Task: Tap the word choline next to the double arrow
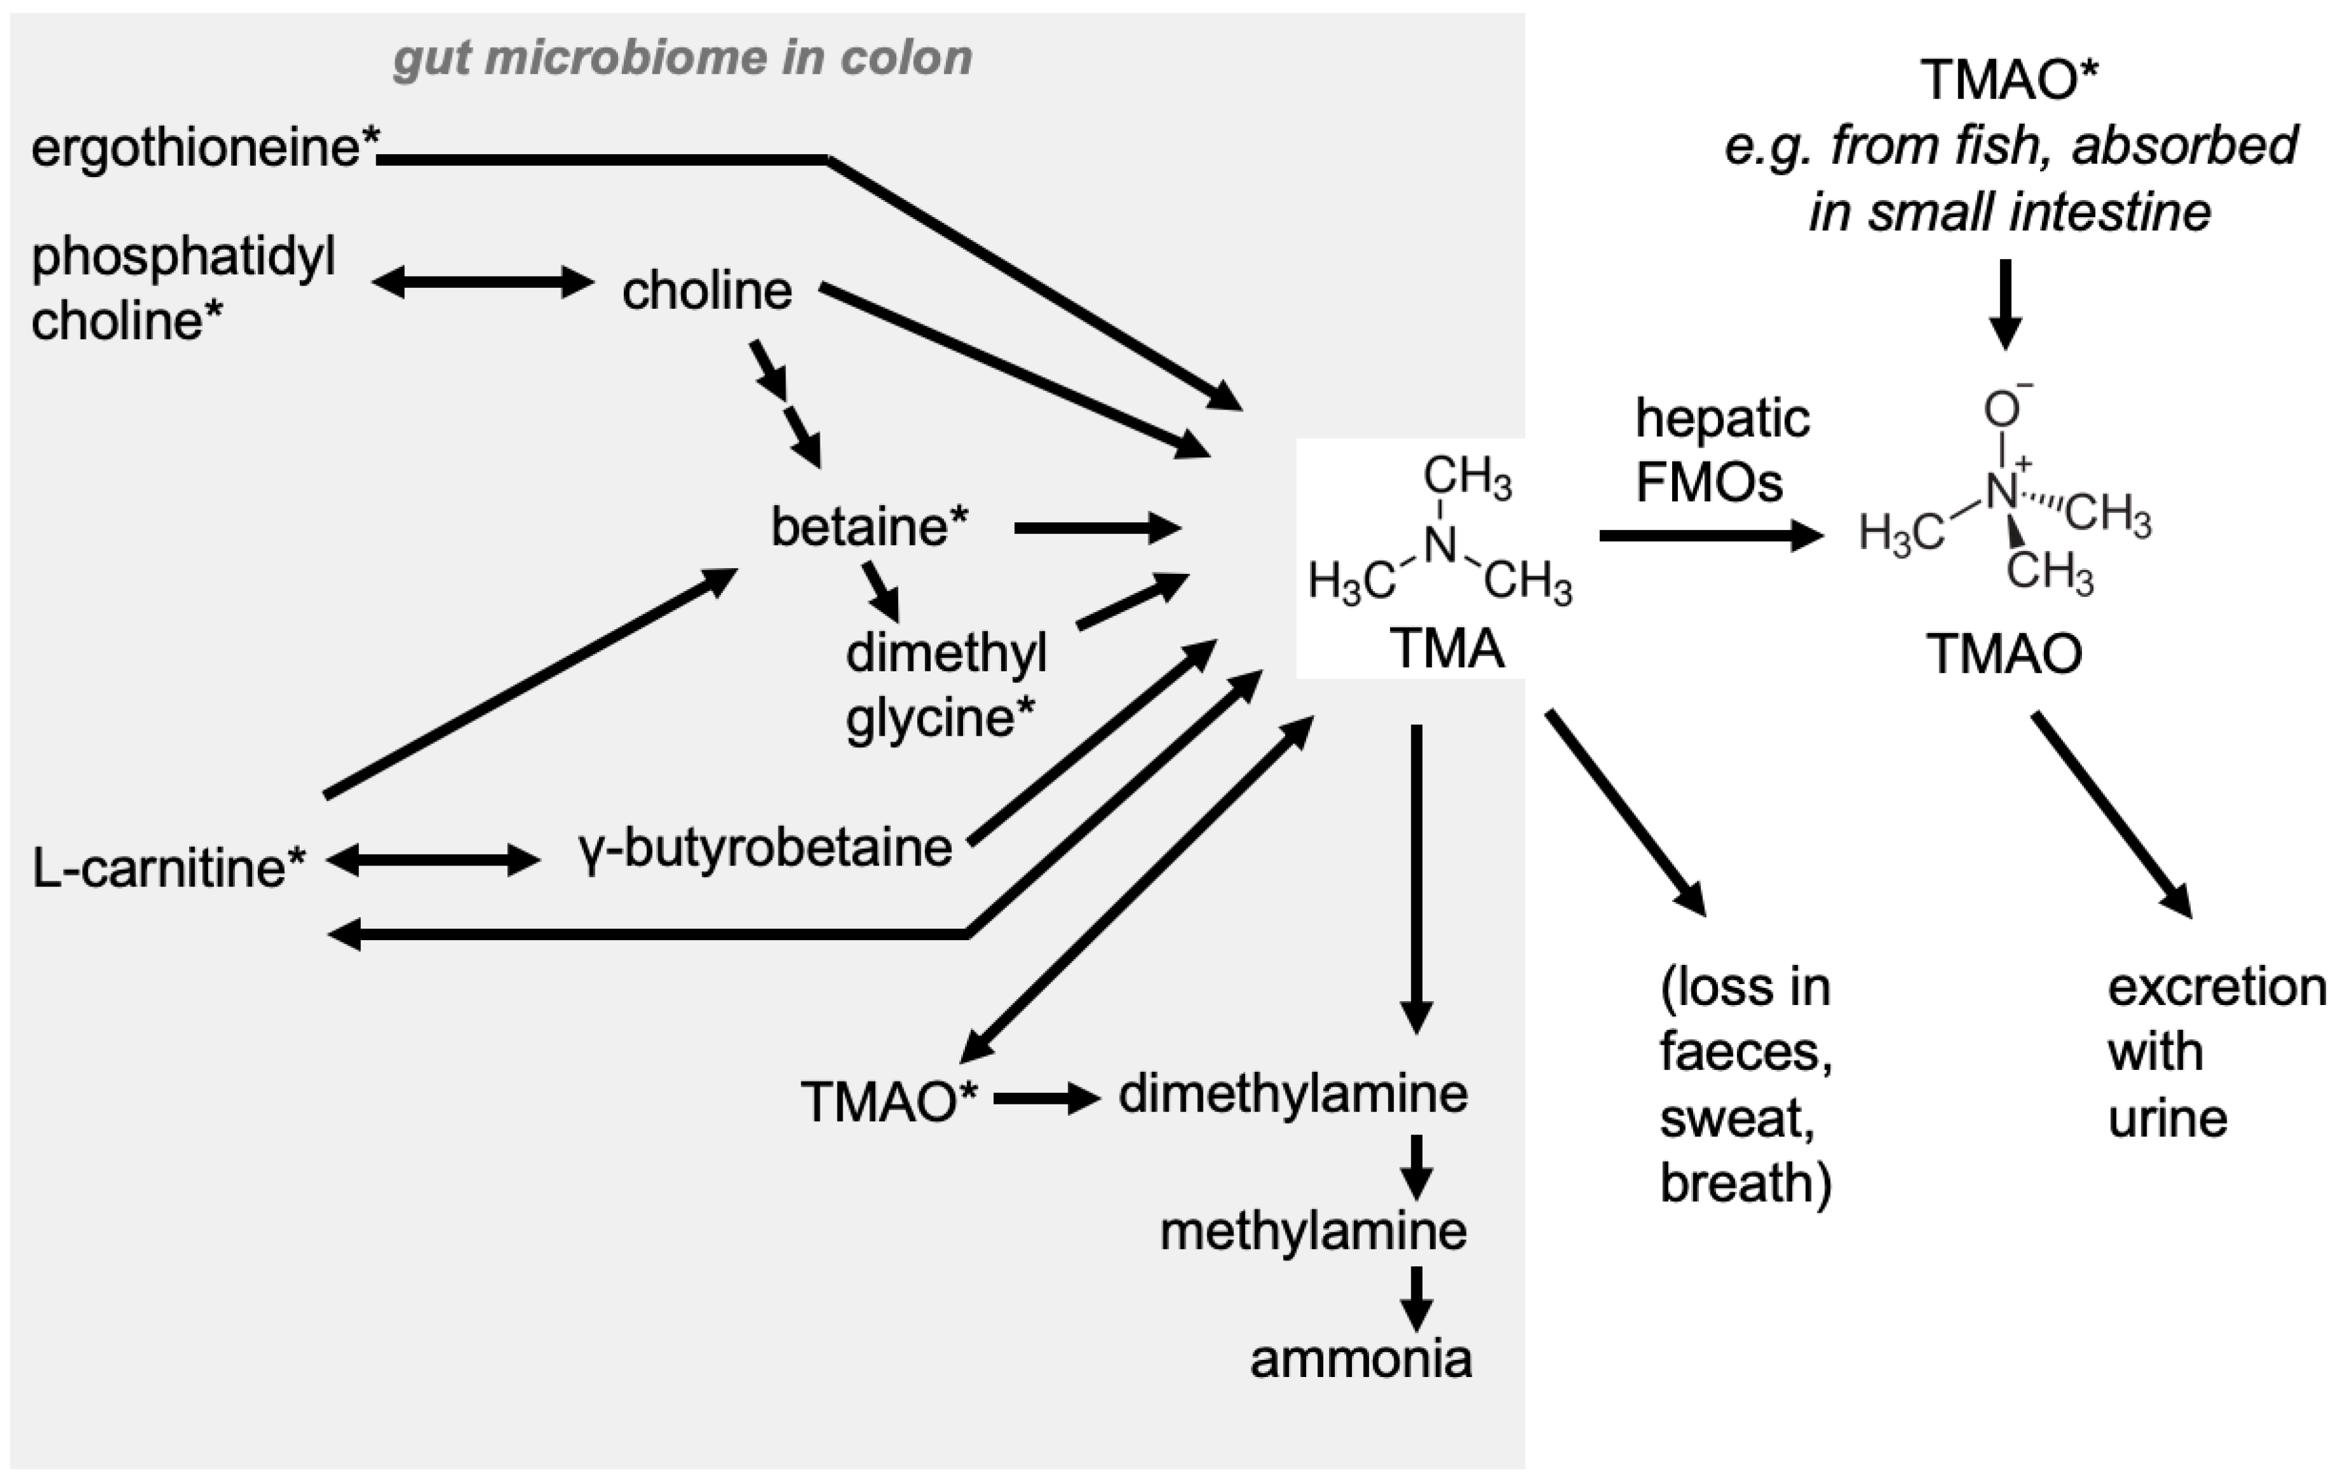[x=707, y=291]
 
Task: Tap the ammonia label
[x=1360, y=1359]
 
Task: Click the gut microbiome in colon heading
[x=682, y=58]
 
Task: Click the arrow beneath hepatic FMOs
[x=1710, y=535]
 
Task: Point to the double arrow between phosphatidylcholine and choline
[x=482, y=282]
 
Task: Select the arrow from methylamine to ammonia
[x=1416, y=1297]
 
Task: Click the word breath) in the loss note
[x=1744, y=1184]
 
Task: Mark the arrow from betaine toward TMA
[x=1096, y=529]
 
